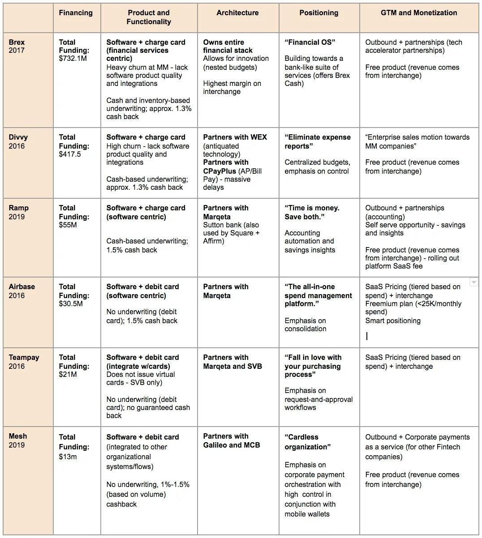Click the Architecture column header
237,13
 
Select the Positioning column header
318,13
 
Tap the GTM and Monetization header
419,13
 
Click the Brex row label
17,43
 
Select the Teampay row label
24,358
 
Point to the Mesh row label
18,436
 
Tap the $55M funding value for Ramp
68,225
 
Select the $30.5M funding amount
70,304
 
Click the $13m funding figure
68,457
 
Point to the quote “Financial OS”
310,43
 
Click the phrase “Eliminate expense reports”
317,141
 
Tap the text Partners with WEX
235,137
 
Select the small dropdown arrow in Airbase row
473,282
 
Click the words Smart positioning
393,321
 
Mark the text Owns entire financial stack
228,47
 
